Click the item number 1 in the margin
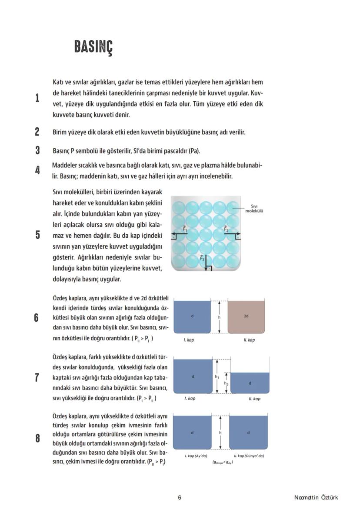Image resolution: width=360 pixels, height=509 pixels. [37, 98]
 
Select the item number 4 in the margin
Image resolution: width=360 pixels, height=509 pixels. [37, 170]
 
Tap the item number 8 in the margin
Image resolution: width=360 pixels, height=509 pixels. [37, 439]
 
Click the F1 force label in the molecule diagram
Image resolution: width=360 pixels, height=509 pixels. [184, 228]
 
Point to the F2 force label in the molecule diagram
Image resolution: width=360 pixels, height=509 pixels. [226, 228]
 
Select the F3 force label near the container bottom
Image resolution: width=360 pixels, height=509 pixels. [202, 259]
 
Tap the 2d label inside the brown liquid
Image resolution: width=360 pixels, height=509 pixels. [246, 316]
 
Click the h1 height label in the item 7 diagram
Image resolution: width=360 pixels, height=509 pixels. [217, 377]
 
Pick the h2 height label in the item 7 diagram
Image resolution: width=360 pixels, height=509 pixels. [226, 383]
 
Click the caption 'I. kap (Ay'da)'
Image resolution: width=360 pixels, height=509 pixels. [196, 456]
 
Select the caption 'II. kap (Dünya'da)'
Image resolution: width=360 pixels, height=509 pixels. [249, 456]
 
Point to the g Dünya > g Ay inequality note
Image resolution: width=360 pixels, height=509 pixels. [223, 462]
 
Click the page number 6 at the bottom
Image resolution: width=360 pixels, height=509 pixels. [180, 498]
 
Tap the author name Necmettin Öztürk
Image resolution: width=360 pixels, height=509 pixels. [316, 498]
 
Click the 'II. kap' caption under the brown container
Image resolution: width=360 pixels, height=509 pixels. [249, 340]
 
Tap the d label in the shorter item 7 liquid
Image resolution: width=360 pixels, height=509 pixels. [250, 383]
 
